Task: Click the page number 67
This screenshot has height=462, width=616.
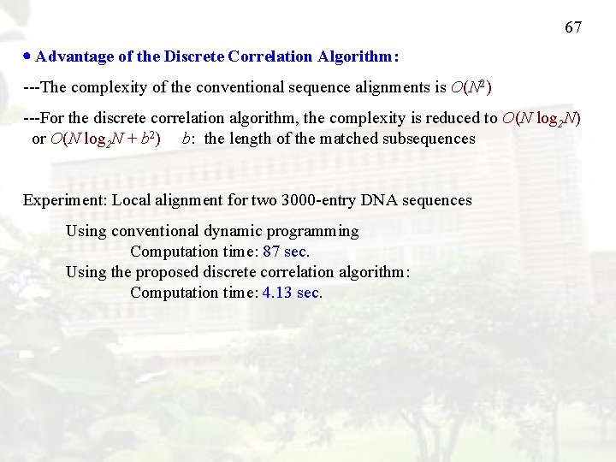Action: tap(573, 27)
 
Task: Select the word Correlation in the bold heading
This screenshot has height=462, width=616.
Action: tap(271, 56)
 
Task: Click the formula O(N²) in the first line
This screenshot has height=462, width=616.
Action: tap(471, 87)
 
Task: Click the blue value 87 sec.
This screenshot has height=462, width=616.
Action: tap(286, 252)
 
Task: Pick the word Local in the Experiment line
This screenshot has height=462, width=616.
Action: tap(132, 200)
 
